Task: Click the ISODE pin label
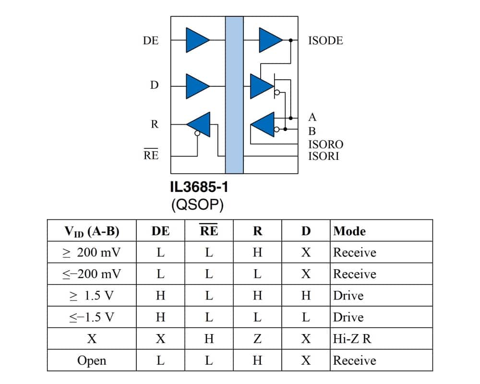325,40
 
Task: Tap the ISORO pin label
326,144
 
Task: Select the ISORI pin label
324,156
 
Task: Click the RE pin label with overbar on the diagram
151,154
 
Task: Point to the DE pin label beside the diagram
151,40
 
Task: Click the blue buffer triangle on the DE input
197,40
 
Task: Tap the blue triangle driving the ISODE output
271,40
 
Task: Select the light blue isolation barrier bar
235,95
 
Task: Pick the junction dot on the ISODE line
290,40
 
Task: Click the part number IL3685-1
199,187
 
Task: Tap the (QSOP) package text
197,204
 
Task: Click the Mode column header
349,231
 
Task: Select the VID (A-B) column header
92,231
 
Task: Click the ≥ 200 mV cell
92,252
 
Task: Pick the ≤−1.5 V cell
92,317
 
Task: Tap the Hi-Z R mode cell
352,339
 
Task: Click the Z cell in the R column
257,339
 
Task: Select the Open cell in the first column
92,361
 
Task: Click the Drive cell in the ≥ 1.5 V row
348,296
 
